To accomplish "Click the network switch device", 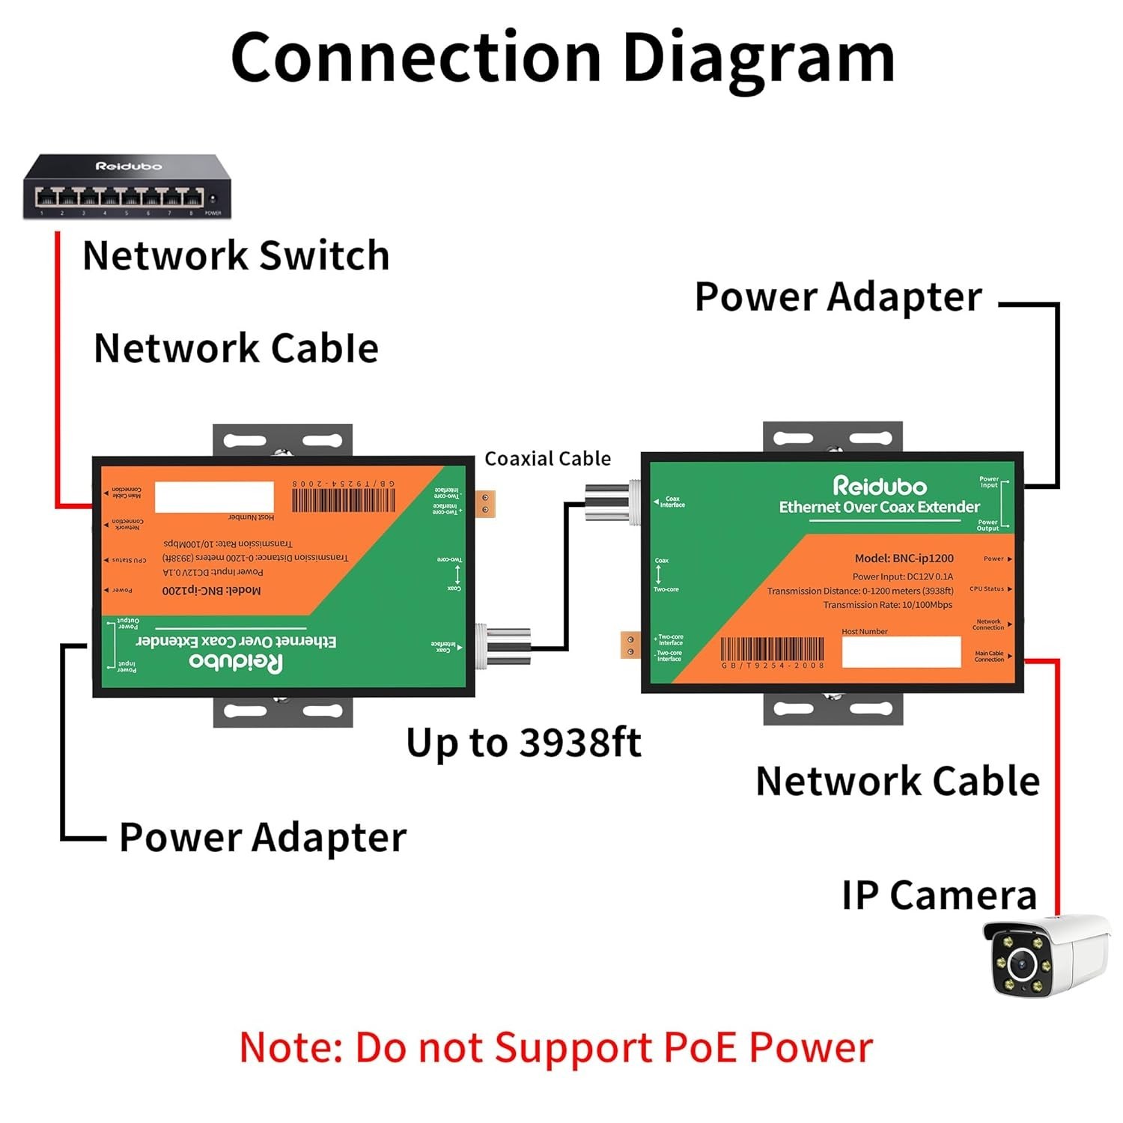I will coord(127,187).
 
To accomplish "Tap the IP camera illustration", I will coord(1046,956).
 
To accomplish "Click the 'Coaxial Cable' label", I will coord(547,458).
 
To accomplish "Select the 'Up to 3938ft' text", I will coord(523,743).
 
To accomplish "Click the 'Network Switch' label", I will coord(236,255).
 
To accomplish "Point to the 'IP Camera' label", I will coord(939,895).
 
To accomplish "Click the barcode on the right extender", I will coord(772,650).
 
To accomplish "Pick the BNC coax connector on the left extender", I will coord(505,645).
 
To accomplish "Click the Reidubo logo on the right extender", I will coord(880,487).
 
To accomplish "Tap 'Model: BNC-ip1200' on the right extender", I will coord(904,559).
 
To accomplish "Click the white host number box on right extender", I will coord(901,652).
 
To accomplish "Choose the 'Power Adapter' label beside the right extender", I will coord(838,297).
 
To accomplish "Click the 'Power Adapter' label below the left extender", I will coord(262,837).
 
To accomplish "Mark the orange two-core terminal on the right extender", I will coord(630,645).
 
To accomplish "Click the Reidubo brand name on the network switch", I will coord(128,166).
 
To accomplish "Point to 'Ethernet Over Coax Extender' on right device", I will coord(879,508).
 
